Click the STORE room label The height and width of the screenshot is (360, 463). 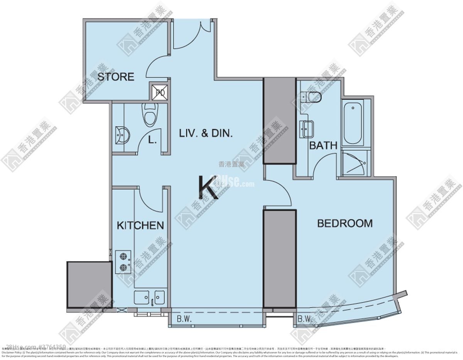(x=115, y=77)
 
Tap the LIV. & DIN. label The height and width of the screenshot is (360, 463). (x=206, y=133)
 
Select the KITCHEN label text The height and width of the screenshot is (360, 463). (x=140, y=225)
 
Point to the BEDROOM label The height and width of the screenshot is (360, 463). (x=345, y=223)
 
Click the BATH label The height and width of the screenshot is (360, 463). (x=323, y=145)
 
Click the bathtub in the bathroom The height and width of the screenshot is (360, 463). (x=353, y=122)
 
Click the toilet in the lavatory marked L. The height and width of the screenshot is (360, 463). (x=149, y=114)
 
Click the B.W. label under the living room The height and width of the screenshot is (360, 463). (x=184, y=319)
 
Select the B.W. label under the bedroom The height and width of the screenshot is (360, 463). (x=304, y=319)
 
